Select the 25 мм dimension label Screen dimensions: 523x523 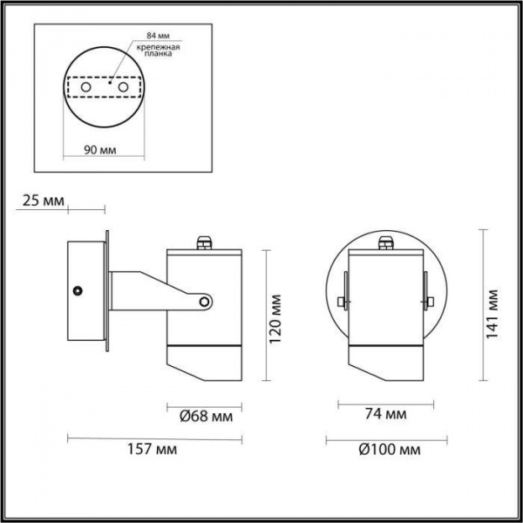(42, 202)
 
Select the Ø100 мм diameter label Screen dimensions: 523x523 (384, 452)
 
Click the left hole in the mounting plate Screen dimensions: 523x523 (85, 88)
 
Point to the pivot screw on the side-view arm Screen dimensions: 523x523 (205, 302)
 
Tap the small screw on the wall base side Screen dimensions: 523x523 (78, 289)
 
